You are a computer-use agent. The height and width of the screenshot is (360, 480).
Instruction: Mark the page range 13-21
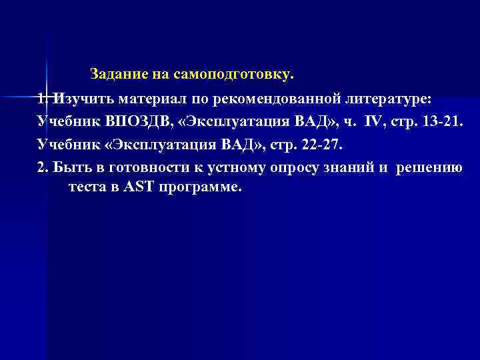click(x=443, y=123)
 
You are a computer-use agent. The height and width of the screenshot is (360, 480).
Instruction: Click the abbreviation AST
click(x=137, y=188)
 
